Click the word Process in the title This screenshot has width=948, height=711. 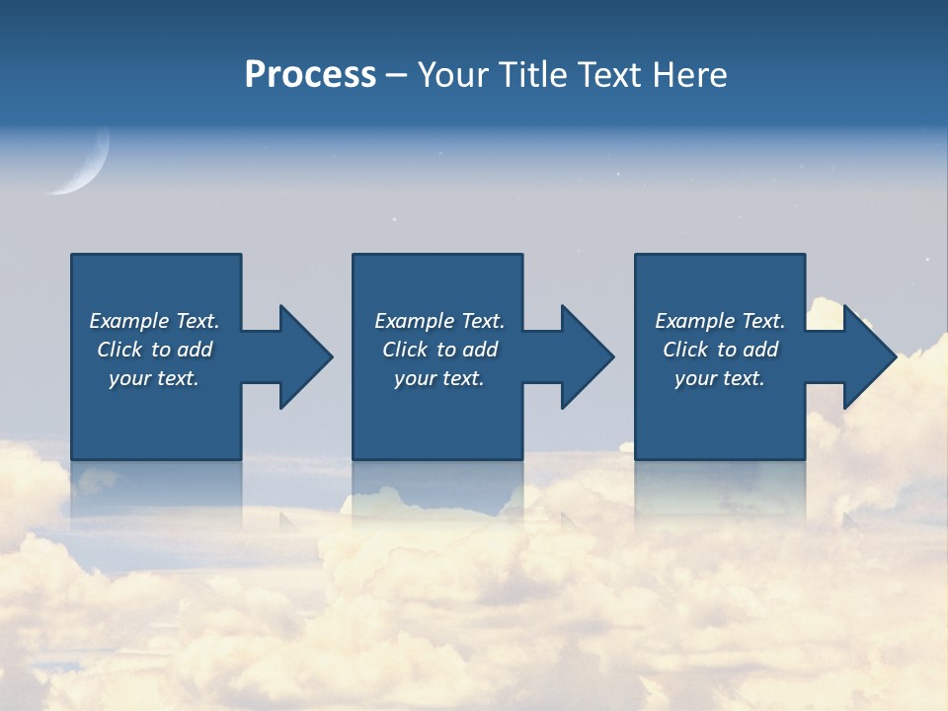click(310, 75)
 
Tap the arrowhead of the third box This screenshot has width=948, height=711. click(870, 356)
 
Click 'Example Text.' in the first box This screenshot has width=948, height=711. click(154, 321)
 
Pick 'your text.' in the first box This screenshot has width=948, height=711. click(154, 378)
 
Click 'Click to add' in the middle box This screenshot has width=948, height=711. click(439, 350)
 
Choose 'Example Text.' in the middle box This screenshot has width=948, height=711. click(439, 321)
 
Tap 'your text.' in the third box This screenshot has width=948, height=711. click(720, 378)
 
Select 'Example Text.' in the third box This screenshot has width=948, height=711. click(720, 321)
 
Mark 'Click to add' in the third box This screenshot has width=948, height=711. click(720, 350)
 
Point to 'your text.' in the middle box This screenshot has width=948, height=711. click(439, 378)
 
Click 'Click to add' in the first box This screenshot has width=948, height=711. click(154, 350)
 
